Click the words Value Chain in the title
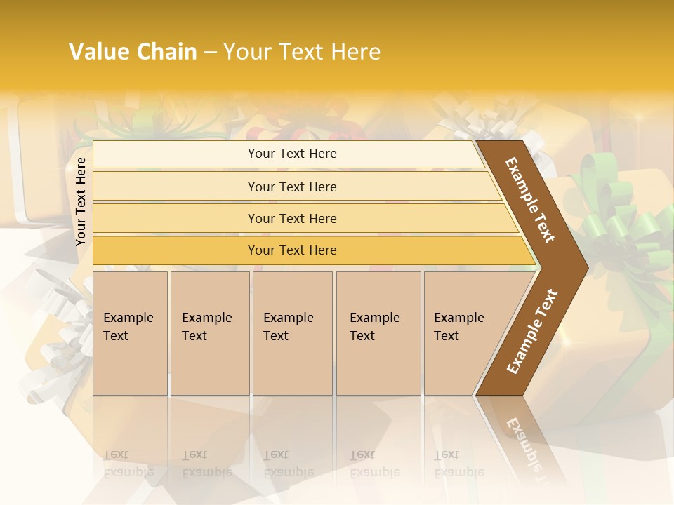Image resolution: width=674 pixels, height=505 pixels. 133,52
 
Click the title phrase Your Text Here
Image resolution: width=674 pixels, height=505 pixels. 302,52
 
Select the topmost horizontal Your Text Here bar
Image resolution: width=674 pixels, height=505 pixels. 292,154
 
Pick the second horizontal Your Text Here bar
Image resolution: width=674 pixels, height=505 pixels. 292,187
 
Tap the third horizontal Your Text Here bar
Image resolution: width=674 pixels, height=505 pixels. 292,218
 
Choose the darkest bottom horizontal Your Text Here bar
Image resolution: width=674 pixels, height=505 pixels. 292,250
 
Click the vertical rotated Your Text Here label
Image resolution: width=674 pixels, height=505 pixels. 81,201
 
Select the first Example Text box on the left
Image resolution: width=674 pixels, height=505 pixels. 130,332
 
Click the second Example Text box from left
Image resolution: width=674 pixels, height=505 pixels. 209,332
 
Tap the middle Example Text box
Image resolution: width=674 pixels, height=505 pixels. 292,332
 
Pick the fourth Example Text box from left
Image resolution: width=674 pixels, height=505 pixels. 378,332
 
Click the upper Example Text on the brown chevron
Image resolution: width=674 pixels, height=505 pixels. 531,199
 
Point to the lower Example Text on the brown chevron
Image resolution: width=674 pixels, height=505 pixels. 532,331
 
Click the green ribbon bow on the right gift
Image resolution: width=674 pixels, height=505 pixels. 611,217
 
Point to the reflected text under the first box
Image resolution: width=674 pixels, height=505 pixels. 128,464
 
